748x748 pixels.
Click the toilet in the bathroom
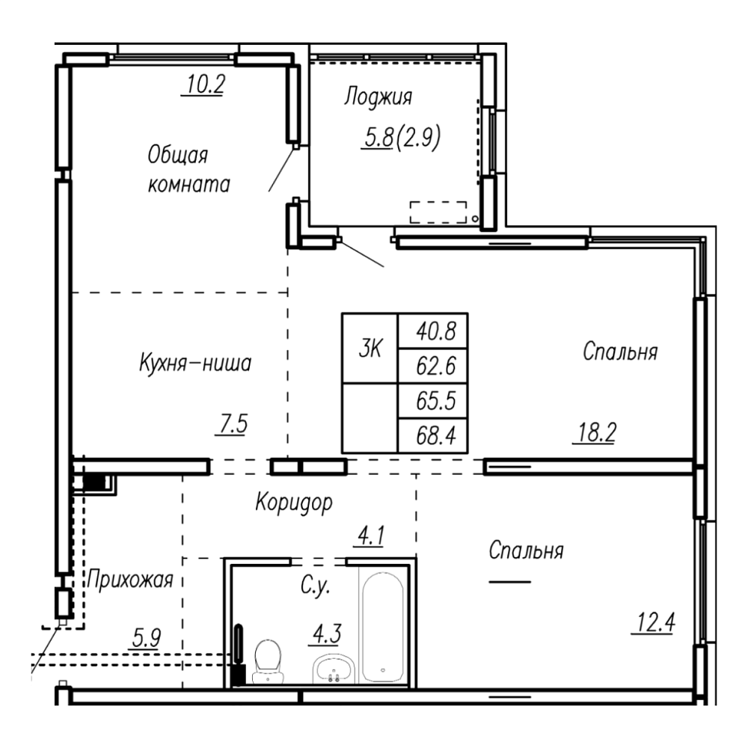268,661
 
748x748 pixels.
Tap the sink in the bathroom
334,669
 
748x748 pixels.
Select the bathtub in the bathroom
383,628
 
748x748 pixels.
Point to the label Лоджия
378,96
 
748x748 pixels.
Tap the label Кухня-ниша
195,363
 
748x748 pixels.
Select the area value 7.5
233,423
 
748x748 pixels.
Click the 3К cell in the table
370,349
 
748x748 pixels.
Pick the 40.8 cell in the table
432,331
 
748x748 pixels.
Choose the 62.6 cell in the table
432,366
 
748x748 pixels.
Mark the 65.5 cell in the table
432,401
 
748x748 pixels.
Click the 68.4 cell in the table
432,435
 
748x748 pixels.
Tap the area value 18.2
596,432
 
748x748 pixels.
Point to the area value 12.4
655,622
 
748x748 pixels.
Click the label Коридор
294,503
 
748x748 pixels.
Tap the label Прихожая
129,580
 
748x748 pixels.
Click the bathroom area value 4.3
327,634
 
